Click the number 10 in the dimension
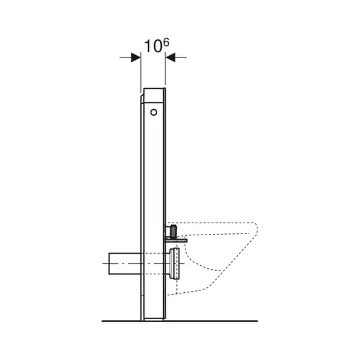coord(152,47)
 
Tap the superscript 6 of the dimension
coord(166,42)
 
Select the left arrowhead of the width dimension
coord(136,58)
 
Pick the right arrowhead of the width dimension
coord(170,58)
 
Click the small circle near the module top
coord(154,112)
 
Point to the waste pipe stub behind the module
coord(125,263)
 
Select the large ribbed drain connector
coord(174,263)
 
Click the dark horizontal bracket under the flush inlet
coord(176,241)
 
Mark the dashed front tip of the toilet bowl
coord(256,229)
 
